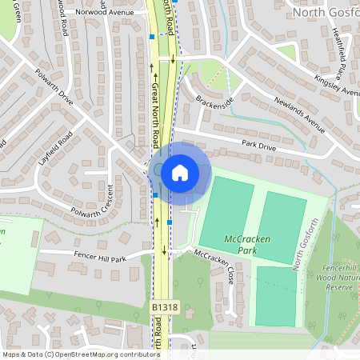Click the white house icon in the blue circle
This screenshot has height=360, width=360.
point(180,171)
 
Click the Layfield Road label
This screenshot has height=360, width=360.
point(55,147)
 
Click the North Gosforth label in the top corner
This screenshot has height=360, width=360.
point(325,12)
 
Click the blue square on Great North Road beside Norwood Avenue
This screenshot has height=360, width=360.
point(152,36)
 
